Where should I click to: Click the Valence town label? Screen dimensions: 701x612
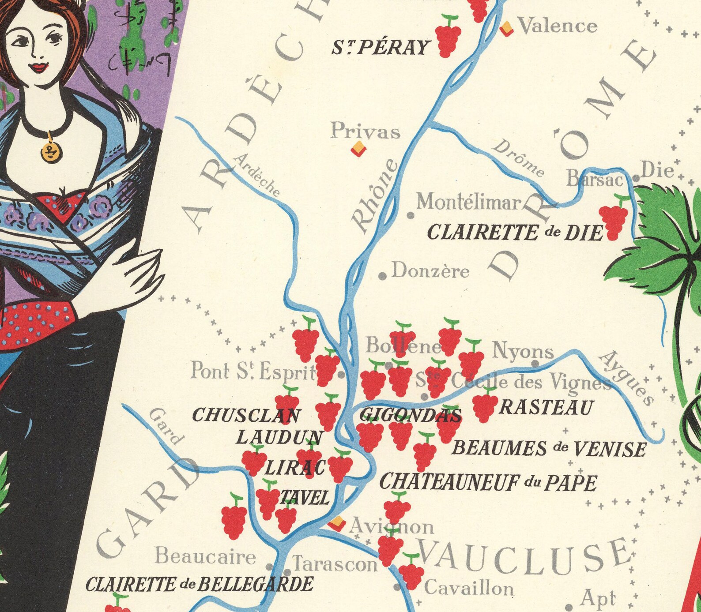click(x=558, y=26)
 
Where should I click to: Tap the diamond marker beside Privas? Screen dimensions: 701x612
click(x=358, y=149)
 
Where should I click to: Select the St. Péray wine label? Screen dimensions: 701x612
click(x=381, y=47)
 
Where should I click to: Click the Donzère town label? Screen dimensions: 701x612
click(x=430, y=270)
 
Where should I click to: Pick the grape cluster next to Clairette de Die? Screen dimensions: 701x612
click(x=614, y=219)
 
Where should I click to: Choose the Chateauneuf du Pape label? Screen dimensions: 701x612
click(x=488, y=483)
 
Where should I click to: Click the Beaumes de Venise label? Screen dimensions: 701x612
click(x=548, y=449)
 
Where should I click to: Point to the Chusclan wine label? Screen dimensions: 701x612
click(x=246, y=415)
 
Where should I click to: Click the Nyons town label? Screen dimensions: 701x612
click(x=522, y=352)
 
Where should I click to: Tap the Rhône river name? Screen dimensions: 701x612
click(x=375, y=196)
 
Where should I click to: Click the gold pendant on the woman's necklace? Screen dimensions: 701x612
click(x=51, y=151)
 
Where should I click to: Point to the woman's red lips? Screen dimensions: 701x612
click(x=39, y=68)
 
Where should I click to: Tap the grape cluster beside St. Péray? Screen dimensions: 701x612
click(x=448, y=35)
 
